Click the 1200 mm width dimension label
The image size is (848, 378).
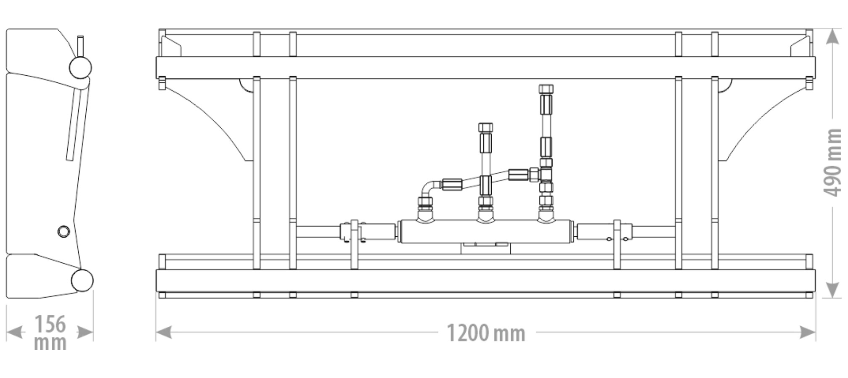[486, 333]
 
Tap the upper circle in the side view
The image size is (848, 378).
[80, 67]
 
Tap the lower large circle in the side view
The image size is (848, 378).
[82, 280]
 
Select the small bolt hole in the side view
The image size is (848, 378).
[64, 231]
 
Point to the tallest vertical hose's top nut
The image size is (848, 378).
[546, 89]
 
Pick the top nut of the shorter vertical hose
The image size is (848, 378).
[485, 127]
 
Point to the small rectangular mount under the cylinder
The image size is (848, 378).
[485, 248]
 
